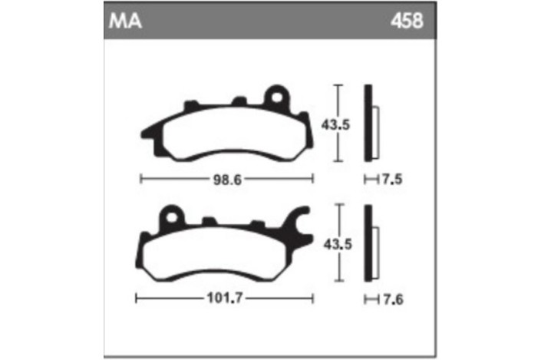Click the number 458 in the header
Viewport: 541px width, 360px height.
click(407, 20)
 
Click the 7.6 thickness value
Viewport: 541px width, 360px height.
click(392, 299)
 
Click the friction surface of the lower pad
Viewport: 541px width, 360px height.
click(223, 253)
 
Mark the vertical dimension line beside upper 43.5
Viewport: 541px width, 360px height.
click(338, 123)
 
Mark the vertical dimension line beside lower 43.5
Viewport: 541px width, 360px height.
click(338, 243)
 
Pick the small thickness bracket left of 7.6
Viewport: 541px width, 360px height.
click(370, 299)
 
